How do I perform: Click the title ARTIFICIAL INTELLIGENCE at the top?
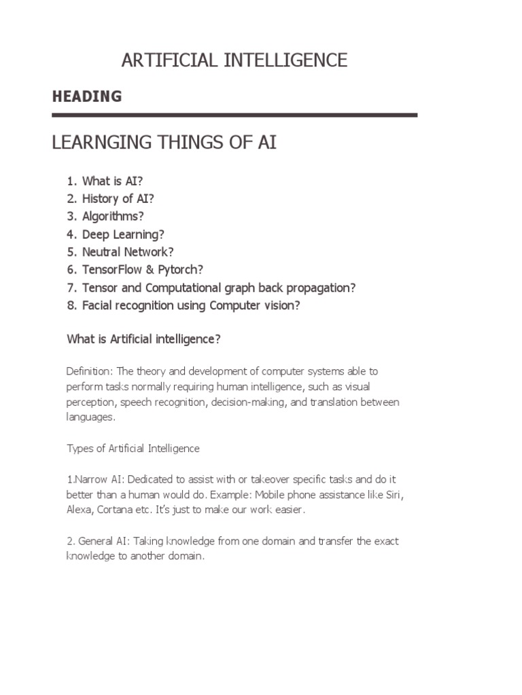click(x=234, y=60)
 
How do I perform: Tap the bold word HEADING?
click(x=87, y=96)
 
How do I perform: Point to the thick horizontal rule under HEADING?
click(x=234, y=115)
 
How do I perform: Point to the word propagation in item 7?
click(x=319, y=288)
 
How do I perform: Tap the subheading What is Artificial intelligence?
click(x=143, y=339)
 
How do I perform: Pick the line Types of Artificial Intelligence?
click(x=133, y=449)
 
